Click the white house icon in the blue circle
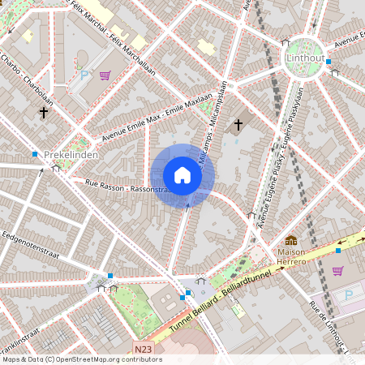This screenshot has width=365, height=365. [182, 175]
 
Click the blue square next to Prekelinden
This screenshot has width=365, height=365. [35, 153]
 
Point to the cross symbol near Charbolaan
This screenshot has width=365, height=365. [43, 113]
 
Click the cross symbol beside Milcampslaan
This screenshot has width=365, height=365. [238, 124]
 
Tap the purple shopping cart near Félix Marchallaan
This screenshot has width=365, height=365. [105, 75]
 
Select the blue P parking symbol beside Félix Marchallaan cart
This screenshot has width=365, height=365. [84, 75]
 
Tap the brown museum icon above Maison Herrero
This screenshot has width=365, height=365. [291, 240]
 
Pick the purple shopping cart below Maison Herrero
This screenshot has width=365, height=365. [337, 270]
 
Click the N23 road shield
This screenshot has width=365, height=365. [144, 350]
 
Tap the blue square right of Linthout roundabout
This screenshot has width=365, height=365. [333, 71]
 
